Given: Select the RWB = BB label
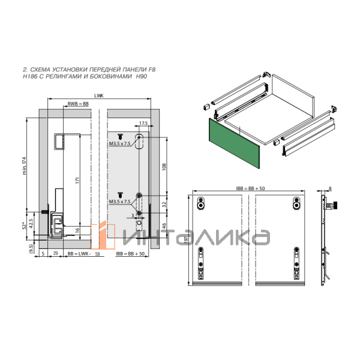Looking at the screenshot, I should pyautogui.click(x=78, y=104).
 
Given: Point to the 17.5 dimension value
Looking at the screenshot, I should pyautogui.click(x=143, y=123).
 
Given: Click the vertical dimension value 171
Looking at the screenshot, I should pyautogui.click(x=78, y=180).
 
